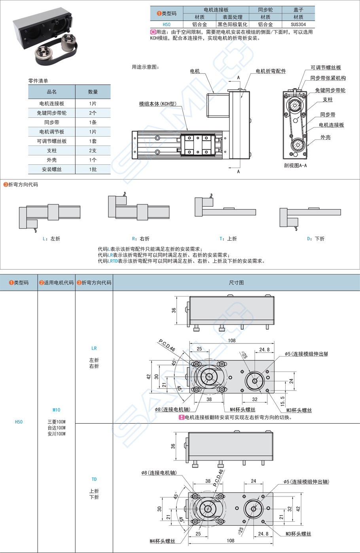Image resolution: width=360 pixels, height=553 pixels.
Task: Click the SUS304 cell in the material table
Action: point(298,25)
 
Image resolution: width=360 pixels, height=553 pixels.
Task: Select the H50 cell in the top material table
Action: point(167,25)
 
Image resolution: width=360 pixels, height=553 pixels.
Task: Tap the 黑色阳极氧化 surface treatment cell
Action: point(232,25)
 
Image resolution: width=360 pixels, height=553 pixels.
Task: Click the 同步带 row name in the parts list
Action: point(51,123)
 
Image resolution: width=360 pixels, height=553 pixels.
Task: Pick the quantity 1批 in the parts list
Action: point(93,170)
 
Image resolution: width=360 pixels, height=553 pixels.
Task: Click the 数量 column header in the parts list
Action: point(93,92)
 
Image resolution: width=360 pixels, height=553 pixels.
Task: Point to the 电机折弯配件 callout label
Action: point(271,71)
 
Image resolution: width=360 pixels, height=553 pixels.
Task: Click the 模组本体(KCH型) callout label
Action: point(157,104)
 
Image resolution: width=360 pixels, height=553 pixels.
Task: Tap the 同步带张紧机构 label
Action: point(328,78)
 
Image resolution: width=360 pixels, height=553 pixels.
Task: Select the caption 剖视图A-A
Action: point(295,166)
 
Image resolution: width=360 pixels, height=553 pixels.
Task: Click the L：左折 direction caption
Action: point(51,239)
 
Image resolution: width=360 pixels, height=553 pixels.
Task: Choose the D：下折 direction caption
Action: point(316,239)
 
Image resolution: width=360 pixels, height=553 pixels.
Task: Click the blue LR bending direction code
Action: point(94,348)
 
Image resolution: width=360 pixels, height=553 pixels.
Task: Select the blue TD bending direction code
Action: point(94,479)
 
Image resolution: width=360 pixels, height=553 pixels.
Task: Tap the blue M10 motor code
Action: point(56,410)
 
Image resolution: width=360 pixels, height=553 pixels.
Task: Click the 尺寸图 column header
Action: point(236,283)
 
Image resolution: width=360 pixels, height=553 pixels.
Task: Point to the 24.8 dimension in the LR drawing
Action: point(264,349)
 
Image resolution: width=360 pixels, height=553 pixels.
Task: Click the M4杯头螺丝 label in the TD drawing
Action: point(162,541)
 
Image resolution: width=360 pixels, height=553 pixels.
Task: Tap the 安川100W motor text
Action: point(56,434)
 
